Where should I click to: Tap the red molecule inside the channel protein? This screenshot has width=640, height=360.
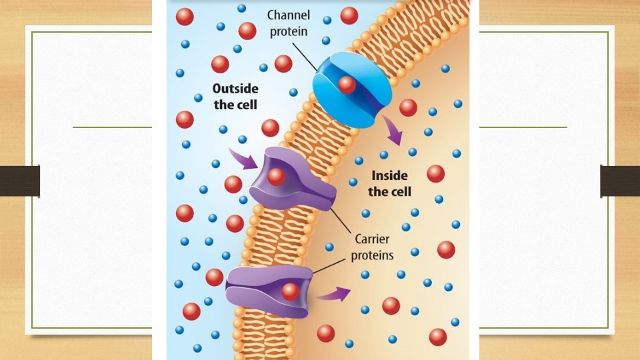click(346, 84)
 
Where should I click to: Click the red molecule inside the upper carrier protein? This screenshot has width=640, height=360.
click(276, 176)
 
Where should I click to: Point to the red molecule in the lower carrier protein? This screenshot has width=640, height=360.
click(290, 291)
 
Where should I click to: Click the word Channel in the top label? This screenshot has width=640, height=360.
click(289, 14)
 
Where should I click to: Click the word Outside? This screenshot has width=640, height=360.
click(235, 88)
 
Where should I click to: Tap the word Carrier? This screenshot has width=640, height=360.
click(372, 239)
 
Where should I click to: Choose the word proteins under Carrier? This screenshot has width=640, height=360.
click(372, 255)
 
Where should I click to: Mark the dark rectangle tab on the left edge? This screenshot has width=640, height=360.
click(19, 181)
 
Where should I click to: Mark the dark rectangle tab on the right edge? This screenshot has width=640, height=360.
click(620, 181)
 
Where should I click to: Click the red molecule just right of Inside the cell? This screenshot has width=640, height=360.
click(435, 174)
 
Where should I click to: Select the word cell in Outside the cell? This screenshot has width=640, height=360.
click(247, 105)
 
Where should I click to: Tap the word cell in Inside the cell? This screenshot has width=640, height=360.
click(401, 192)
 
